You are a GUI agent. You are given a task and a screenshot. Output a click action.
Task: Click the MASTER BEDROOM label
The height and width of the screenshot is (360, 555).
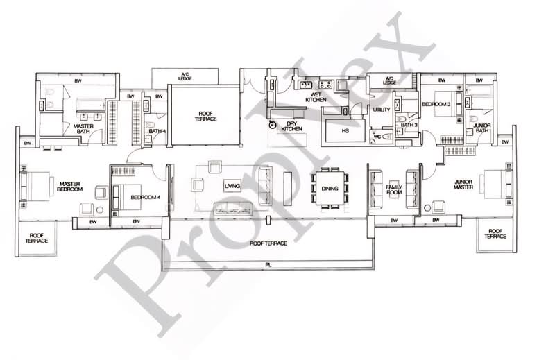coord(70,185)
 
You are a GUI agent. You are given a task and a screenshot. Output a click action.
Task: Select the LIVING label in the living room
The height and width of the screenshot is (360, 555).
coord(231,187)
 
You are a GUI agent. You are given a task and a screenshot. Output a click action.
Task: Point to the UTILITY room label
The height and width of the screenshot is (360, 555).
coord(381,110)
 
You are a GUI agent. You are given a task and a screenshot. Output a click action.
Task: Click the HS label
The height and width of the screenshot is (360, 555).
coord(344,130)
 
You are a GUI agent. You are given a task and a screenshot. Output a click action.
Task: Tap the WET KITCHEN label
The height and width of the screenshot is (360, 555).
coord(318,97)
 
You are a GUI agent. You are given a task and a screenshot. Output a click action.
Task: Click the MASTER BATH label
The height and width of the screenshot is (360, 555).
coord(83,128)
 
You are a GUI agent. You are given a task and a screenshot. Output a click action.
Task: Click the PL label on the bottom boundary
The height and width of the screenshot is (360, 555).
coord(267,264)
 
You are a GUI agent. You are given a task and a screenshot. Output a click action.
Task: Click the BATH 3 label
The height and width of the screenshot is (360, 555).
coord(409,125)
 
